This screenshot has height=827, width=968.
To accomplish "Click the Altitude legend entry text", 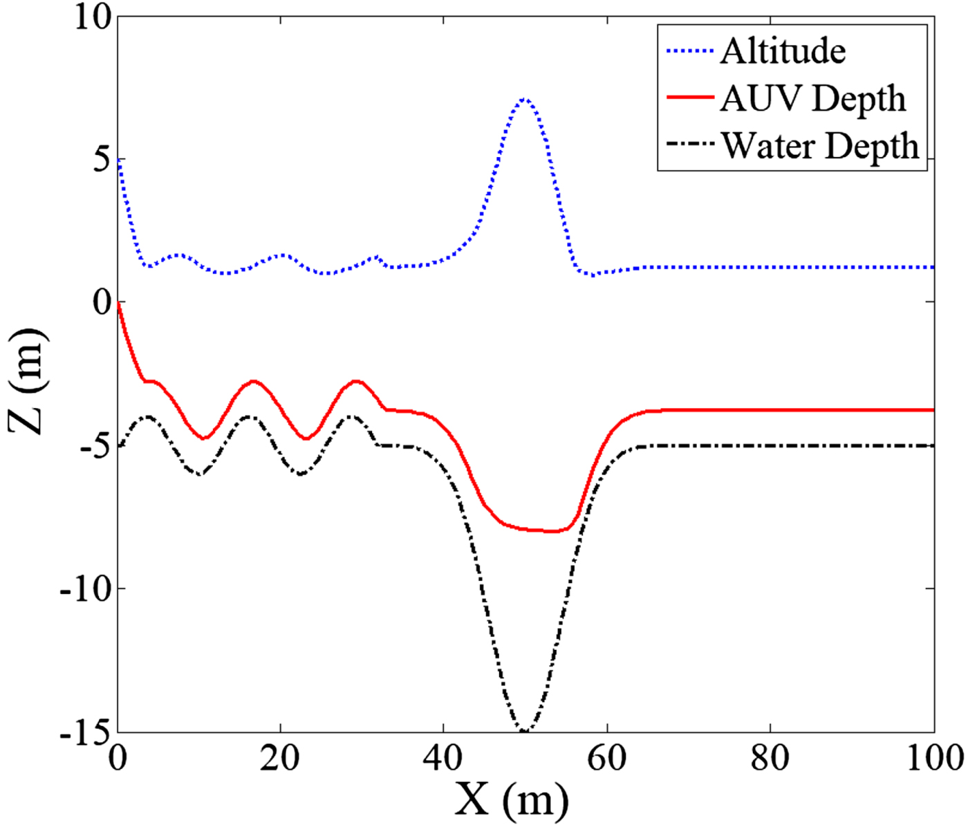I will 783,51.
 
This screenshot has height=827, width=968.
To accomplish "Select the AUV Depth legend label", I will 812,98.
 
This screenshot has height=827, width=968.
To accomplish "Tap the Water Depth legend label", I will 820,146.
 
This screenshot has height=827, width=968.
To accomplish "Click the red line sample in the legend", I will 690,98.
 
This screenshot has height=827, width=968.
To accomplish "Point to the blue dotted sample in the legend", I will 690,51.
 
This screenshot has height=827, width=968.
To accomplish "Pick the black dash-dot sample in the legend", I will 690,145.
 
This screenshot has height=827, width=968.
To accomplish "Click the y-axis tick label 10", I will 93,17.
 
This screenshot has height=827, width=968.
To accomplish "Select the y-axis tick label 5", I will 101,160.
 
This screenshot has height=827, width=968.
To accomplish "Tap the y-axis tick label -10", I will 85,589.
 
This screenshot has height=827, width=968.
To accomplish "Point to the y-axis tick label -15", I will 85,732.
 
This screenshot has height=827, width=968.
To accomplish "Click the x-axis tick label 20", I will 280,758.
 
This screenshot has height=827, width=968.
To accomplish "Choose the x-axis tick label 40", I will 443,758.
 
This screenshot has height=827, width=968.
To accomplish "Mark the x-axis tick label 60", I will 606,758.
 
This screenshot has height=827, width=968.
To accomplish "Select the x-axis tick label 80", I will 770,758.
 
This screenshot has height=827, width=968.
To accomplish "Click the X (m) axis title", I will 512,800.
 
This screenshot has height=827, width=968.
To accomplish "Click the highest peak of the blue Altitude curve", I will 525,100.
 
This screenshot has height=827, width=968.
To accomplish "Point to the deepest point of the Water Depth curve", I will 524,731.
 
